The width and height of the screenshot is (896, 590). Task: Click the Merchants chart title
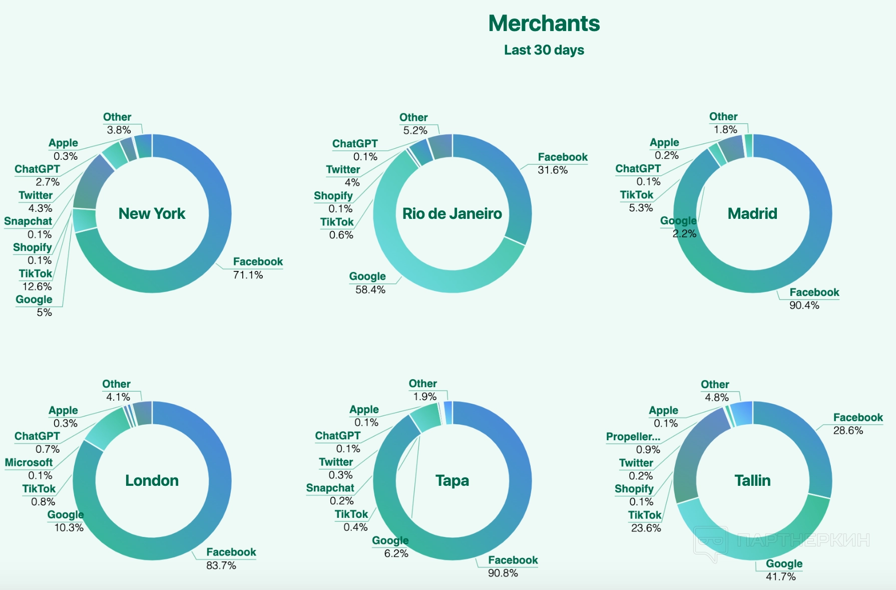(544, 24)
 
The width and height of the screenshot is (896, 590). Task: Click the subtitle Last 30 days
(544, 50)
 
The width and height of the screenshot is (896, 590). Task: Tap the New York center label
(152, 213)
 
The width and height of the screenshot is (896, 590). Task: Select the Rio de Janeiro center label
(452, 213)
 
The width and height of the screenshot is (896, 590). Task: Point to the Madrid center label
(752, 213)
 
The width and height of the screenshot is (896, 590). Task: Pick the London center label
(152, 480)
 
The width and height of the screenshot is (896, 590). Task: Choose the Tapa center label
(452, 480)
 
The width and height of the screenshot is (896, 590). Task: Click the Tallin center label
(752, 480)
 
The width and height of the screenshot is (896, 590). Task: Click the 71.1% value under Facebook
(248, 275)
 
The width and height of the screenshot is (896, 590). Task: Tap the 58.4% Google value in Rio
(370, 290)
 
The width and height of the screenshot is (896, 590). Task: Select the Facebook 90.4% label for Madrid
(814, 292)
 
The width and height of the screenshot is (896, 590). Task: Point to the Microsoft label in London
(29, 462)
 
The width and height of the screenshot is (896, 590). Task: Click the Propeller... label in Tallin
(633, 437)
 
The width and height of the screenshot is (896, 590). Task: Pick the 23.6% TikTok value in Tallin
(646, 528)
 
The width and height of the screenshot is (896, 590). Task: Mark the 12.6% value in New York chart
(37, 286)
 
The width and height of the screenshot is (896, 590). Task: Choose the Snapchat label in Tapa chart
(330, 488)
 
